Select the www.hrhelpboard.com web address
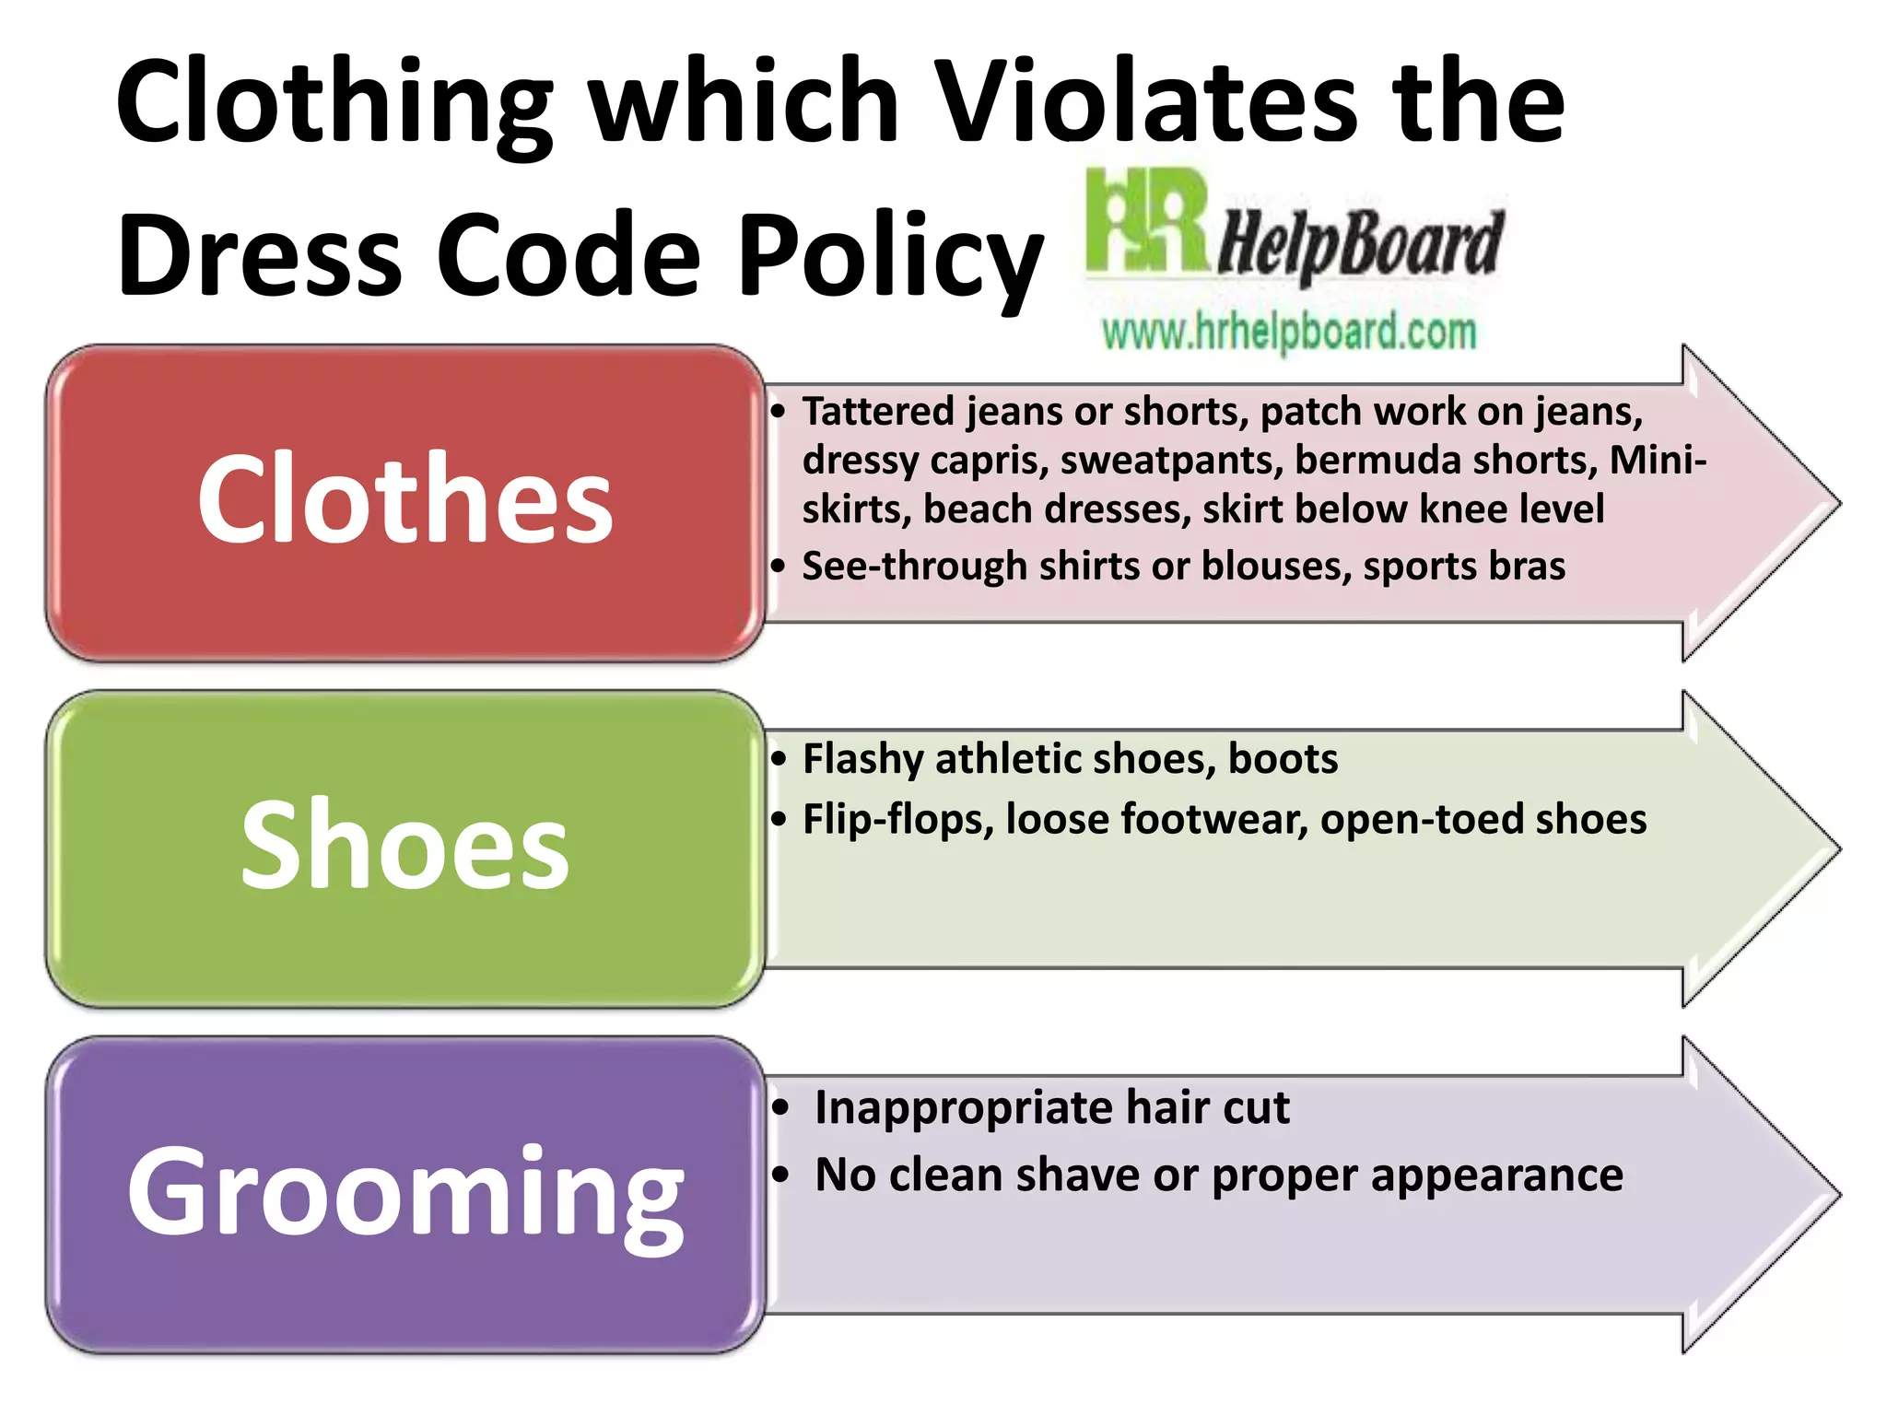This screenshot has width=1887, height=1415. (1289, 333)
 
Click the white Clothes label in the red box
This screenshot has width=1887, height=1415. (404, 500)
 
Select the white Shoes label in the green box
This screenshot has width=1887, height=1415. (404, 846)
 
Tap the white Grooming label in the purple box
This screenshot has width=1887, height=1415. (404, 1192)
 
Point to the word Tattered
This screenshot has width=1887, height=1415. (878, 411)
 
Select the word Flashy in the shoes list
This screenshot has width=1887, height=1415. (863, 760)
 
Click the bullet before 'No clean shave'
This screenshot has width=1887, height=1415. (781, 1175)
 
